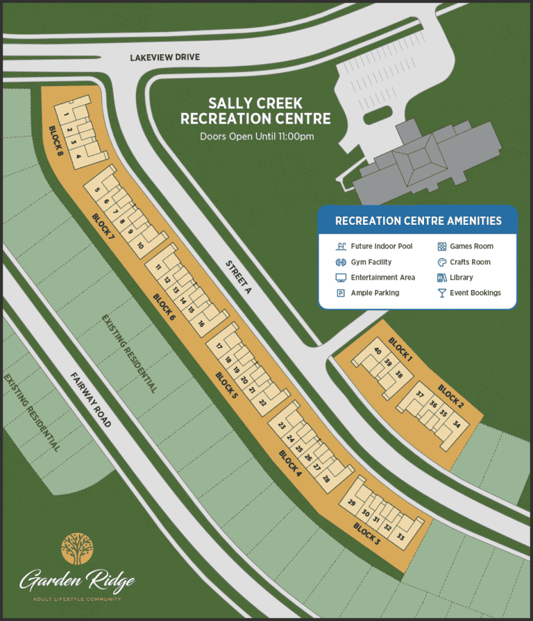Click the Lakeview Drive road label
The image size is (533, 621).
tap(164, 58)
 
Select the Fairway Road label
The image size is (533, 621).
tap(90, 400)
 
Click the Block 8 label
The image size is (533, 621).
tap(56, 140)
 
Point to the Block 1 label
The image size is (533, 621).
tap(400, 350)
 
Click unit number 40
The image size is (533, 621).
tap(377, 352)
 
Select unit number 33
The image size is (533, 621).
tap(400, 536)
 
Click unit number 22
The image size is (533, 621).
tap(262, 402)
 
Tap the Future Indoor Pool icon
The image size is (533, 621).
tap(341, 246)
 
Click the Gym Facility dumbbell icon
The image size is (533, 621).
tap(341, 262)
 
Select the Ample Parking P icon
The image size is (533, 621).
tap(341, 294)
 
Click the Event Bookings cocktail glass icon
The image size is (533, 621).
tap(441, 294)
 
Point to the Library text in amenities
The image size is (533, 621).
tap(461, 278)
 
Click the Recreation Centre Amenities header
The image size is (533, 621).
tap(418, 221)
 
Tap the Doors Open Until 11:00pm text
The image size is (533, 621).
tap(257, 137)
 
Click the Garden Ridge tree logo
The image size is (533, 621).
tap(76, 549)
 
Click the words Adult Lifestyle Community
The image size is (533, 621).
tap(77, 599)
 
